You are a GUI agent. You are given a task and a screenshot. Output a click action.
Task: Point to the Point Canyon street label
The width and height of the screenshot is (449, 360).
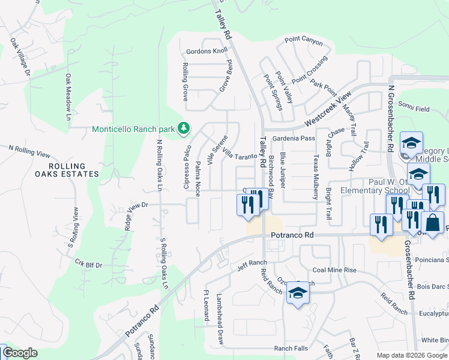tap(304, 43)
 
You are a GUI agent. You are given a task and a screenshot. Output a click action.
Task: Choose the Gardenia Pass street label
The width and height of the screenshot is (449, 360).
tap(294, 139)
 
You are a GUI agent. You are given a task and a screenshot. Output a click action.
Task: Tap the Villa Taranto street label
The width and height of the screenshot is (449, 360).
tap(240, 155)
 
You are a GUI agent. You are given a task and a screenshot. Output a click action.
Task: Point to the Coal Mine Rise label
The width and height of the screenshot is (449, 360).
tap(334, 270)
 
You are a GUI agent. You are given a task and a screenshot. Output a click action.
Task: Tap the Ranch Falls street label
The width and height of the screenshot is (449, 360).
tap(291, 349)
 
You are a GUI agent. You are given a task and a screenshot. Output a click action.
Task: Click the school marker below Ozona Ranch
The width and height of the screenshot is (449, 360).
tap(297, 293)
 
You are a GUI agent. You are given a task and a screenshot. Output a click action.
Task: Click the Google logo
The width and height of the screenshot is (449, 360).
tap(20, 353)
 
